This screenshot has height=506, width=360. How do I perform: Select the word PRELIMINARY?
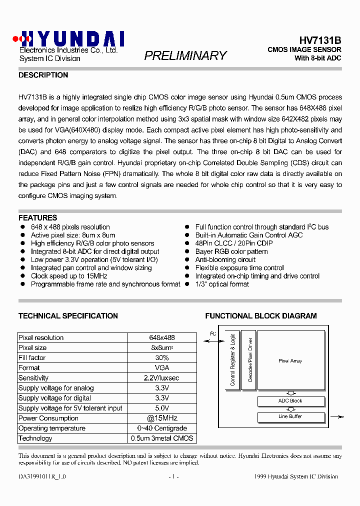pos(185,55)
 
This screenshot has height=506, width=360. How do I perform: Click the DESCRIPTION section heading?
pos(43,75)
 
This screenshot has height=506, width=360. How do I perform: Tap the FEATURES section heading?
pos(37,218)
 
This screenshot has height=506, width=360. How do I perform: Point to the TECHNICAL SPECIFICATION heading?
pos(68,316)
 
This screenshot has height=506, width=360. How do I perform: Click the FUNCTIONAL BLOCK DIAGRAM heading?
pos(260,316)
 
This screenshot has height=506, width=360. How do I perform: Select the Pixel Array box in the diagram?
pos(290,360)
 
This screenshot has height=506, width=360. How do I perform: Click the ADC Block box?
pos(290,401)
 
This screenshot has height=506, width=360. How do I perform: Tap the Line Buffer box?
pos(290,416)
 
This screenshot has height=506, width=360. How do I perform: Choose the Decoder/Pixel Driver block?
pos(250,360)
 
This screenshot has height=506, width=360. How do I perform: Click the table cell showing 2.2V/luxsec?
pos(161,378)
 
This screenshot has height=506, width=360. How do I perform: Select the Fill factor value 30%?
pos(161,358)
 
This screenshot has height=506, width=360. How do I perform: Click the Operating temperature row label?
pos(52,428)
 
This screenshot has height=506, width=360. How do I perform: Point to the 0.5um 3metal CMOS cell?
pos(161,438)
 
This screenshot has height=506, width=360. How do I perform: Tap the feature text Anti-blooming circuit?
pos(225,260)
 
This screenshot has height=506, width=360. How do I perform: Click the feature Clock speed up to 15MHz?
pos(69,276)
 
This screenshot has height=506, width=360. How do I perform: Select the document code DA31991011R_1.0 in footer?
pos(42,476)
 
